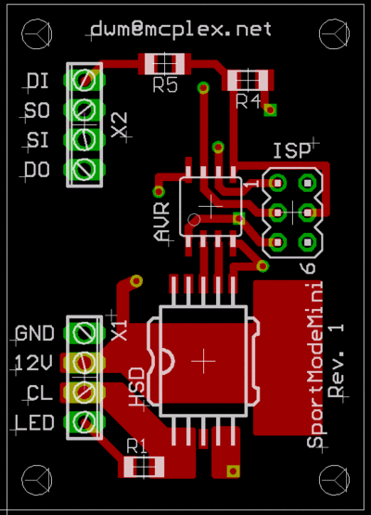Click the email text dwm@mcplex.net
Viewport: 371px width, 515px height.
pos(181,29)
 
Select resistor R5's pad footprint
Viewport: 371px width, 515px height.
pos(165,63)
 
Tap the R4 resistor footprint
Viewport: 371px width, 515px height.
pos(248,80)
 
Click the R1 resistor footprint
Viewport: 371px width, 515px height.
pos(144,467)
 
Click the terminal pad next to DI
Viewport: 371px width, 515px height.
pos(84,80)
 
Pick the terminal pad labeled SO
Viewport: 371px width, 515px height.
pos(84,109)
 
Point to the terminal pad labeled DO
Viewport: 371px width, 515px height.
pos(84,170)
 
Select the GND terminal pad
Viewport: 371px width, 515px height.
pos(84,333)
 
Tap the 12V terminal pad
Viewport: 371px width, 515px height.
pos(84,363)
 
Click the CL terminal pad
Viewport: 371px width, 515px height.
pos(84,393)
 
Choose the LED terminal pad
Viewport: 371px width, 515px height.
pos(84,422)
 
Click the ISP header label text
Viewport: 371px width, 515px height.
pos(292,151)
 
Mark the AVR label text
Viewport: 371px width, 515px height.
pos(161,222)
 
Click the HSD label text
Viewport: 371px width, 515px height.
pos(136,387)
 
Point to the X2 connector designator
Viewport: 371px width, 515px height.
pos(119,125)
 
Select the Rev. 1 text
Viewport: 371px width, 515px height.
pos(336,361)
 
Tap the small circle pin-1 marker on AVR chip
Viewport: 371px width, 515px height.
pos(194,220)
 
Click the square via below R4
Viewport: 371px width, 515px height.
pos(270,109)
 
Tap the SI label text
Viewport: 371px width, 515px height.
pos(38,140)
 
